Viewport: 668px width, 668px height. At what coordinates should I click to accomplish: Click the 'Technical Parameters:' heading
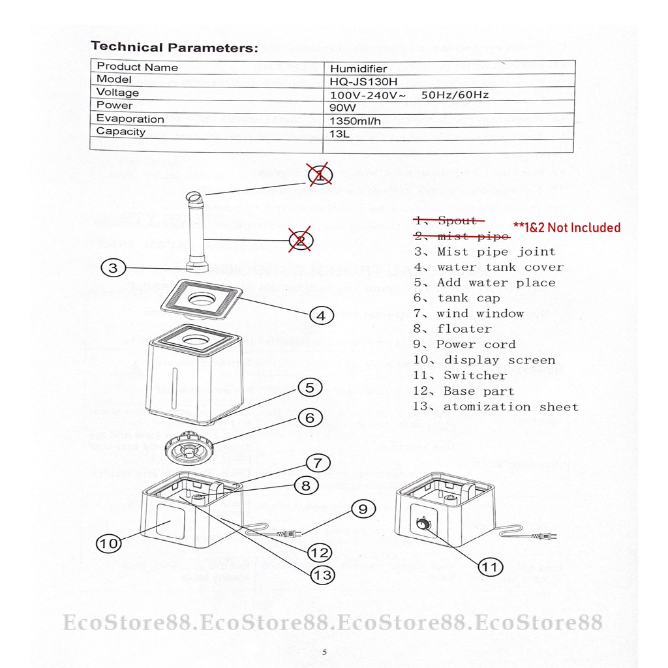174,47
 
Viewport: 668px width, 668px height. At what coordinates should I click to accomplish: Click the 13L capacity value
339,134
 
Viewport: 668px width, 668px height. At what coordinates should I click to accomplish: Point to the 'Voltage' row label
117,93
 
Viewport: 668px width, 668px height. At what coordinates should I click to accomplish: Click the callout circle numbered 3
113,267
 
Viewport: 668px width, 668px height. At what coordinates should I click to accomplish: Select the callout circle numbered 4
320,316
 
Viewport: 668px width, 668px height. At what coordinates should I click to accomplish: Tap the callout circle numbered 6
310,417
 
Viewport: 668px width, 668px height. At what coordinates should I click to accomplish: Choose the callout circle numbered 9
363,509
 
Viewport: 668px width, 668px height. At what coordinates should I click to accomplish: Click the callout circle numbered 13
322,575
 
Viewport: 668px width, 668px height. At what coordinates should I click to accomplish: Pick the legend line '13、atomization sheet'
495,407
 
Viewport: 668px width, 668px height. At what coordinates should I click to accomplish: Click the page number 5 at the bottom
324,652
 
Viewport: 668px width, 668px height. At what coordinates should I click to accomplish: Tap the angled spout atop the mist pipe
194,197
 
